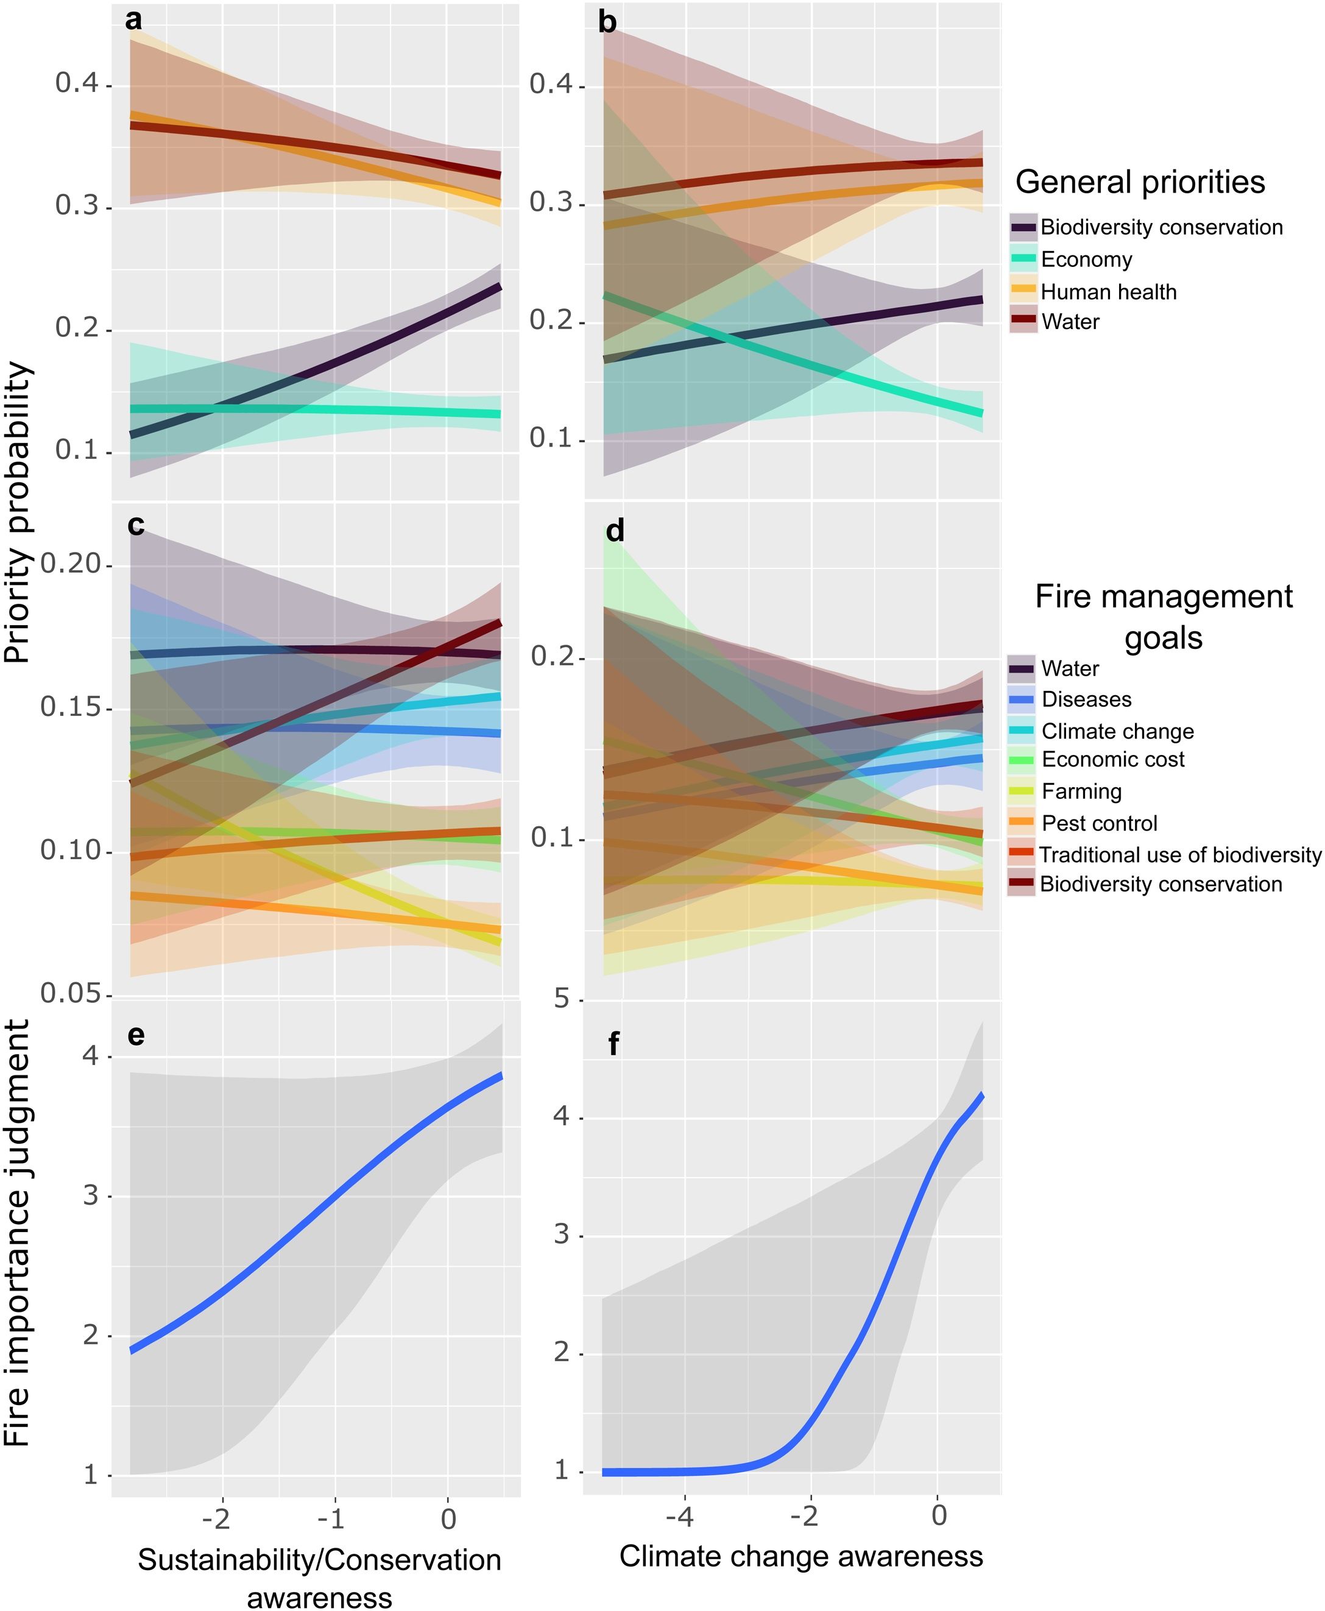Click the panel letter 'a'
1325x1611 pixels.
pos(133,21)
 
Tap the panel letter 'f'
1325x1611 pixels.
pos(613,1044)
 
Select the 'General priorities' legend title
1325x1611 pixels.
pos(1140,182)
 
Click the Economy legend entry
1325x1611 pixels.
pos(1086,260)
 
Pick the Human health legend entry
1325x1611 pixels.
pos(1108,292)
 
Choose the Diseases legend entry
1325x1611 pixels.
pos(1086,699)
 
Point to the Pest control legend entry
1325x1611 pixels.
pos(1099,823)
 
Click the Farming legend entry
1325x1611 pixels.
pos(1081,791)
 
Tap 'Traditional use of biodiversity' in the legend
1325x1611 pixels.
pos(1179,854)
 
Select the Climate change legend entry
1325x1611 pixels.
pos(1117,731)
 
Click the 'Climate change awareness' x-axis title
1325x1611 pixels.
pos(800,1556)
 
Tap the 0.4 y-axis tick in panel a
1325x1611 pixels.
pos(77,83)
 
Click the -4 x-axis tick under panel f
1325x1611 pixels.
pos(679,1515)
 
